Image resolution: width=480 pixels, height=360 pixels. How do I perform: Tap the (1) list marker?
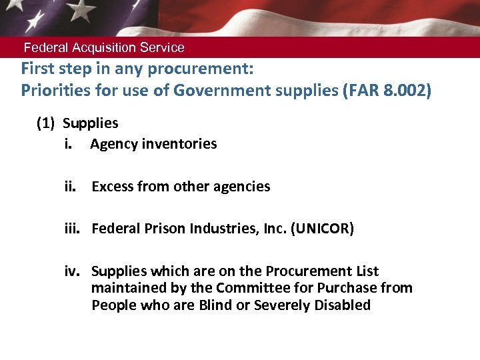tap(46, 123)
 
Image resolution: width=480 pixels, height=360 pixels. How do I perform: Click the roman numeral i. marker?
tap(69, 144)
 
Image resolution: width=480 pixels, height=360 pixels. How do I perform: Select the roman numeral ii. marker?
tap(71, 187)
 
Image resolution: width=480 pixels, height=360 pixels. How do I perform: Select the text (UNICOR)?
tap(322, 229)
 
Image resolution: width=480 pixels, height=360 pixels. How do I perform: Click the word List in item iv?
tap(367, 271)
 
